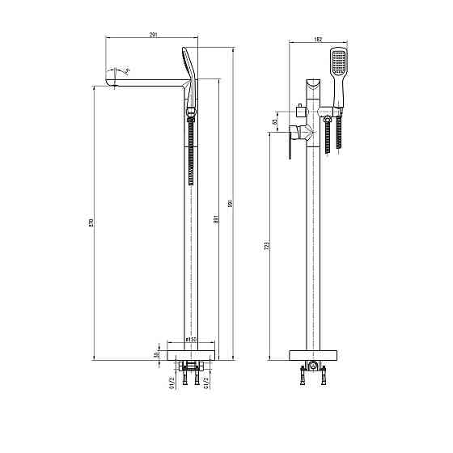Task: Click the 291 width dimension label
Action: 154,35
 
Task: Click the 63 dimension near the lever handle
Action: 275,123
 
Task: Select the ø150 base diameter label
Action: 192,340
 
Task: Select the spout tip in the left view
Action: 110,78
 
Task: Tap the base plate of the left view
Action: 191,354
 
